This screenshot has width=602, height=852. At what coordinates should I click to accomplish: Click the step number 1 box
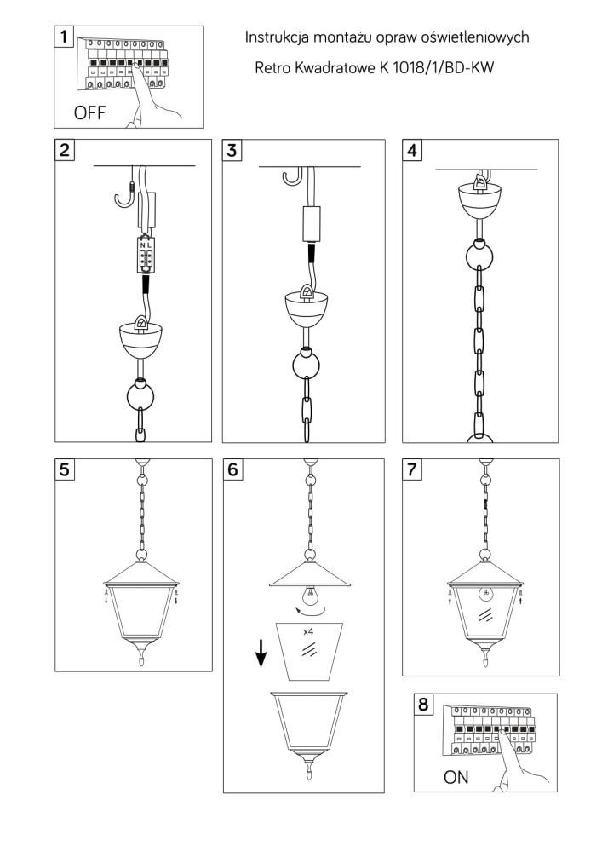[64, 37]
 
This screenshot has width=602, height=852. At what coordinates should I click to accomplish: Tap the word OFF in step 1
[89, 113]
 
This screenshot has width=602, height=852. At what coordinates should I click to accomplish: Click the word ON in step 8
[456, 777]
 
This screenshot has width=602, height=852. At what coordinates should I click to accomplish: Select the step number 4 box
[412, 149]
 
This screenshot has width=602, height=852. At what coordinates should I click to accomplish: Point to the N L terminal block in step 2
[145, 254]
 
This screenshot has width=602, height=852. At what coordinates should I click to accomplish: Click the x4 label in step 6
[308, 631]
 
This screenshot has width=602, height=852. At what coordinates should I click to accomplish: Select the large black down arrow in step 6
[261, 653]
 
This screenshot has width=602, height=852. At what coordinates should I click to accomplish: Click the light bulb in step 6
[309, 596]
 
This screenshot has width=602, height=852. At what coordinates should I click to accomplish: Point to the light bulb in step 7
[486, 593]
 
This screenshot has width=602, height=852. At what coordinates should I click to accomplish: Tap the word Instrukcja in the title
[277, 37]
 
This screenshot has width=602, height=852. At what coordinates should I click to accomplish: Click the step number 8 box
[423, 705]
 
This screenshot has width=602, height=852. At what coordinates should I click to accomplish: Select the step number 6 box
[232, 469]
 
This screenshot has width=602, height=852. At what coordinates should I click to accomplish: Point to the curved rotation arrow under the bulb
[311, 612]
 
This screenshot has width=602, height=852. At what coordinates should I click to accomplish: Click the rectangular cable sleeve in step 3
[311, 224]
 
